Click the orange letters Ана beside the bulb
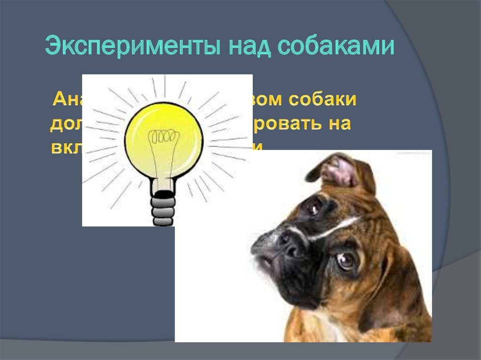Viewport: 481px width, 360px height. pos(67,99)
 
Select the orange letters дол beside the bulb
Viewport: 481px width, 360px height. pos(66,124)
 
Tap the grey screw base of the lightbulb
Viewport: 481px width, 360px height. pos(163,209)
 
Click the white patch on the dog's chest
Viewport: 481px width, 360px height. pos(329,329)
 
